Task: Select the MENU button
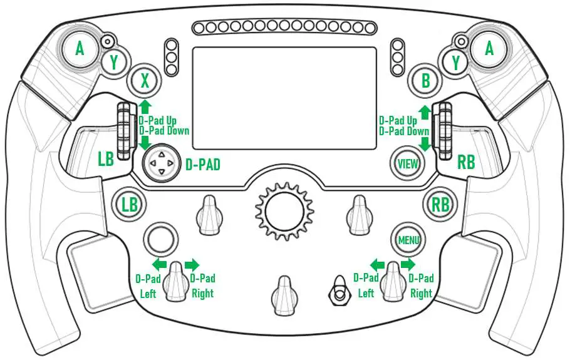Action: (408, 240)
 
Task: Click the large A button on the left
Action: (80, 49)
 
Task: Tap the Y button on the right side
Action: (456, 63)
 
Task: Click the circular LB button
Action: (129, 205)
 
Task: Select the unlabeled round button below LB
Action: (159, 239)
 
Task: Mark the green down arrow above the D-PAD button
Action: (145, 142)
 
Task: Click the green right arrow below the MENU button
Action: (408, 264)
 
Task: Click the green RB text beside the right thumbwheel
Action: (466, 162)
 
